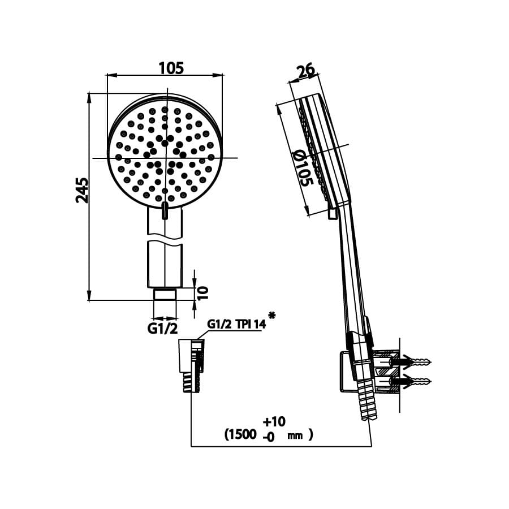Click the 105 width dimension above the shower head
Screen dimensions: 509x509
(x=171, y=68)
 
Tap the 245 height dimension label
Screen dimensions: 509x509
(x=83, y=190)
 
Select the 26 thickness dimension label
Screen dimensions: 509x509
(x=305, y=71)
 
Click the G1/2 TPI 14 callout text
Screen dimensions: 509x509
(x=236, y=324)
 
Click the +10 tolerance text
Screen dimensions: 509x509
(x=275, y=421)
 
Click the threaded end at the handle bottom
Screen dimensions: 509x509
(x=165, y=295)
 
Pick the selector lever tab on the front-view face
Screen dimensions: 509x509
(x=165, y=210)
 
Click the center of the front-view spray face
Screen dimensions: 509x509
(x=165, y=158)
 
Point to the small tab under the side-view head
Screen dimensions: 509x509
(x=333, y=214)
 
